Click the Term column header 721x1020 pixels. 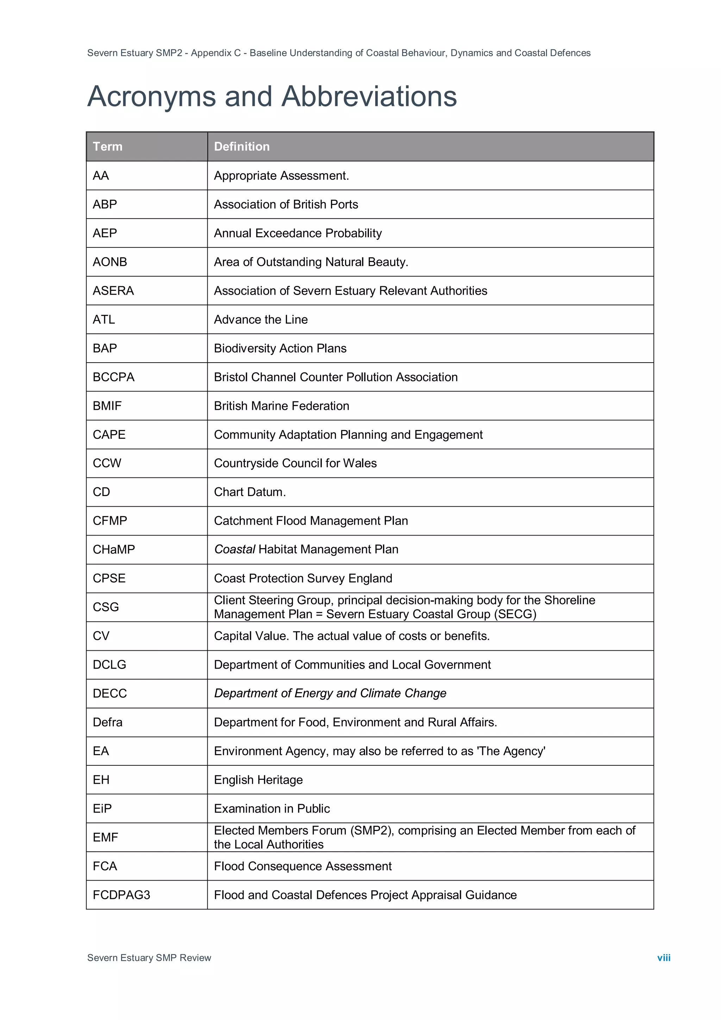click(x=107, y=146)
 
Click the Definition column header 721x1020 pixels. click(x=242, y=146)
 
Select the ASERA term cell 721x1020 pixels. click(x=113, y=290)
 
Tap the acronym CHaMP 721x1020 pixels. click(x=114, y=550)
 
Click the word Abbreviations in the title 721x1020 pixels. click(x=369, y=96)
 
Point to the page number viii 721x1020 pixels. click(x=663, y=957)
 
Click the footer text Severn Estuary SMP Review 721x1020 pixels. click(x=149, y=957)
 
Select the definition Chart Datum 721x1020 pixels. click(x=250, y=492)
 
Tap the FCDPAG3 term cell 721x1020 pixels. click(x=121, y=895)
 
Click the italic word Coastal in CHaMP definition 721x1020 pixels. click(x=234, y=550)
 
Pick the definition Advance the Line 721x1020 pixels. click(x=261, y=319)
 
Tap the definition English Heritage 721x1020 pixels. click(x=258, y=780)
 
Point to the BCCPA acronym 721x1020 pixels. click(x=113, y=377)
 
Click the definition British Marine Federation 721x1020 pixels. click(x=282, y=406)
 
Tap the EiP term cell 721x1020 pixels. click(x=102, y=808)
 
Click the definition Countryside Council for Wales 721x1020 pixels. click(x=295, y=463)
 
